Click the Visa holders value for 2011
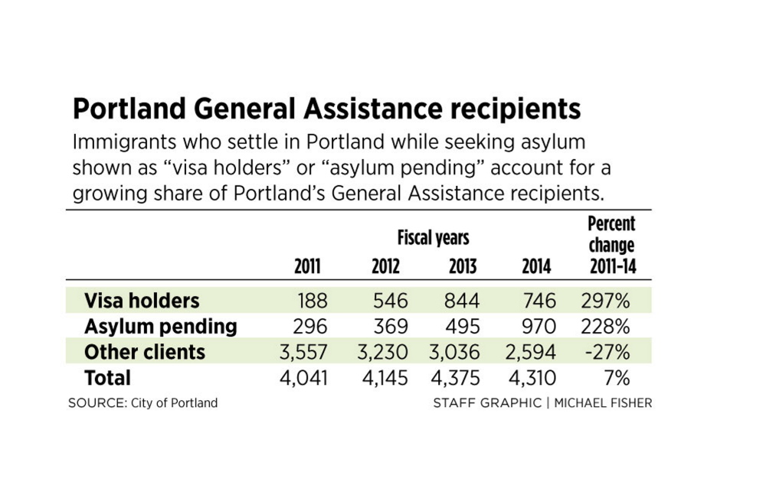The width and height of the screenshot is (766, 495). point(312,301)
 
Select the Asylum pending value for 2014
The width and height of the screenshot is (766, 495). point(535,327)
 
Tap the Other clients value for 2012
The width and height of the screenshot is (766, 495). point(382,352)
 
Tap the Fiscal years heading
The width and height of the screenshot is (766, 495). point(433,238)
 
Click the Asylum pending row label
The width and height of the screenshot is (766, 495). point(160,327)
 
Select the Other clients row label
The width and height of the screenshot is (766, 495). point(145,352)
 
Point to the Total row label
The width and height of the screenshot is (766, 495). point(108,378)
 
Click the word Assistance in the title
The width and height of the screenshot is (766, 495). point(382,109)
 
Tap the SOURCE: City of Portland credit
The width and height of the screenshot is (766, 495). point(142,403)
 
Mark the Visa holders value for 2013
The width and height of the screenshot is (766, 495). point(462,301)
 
